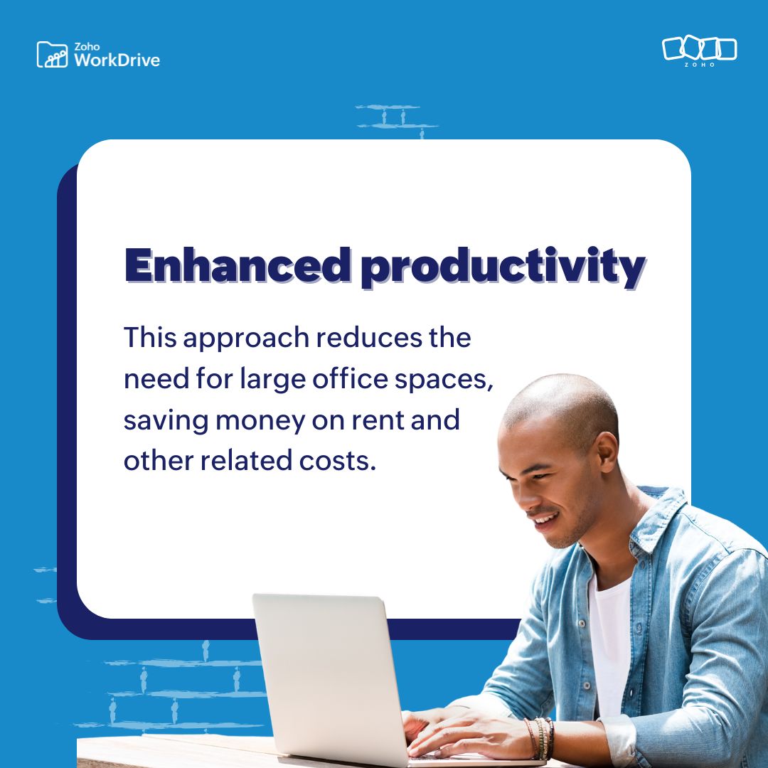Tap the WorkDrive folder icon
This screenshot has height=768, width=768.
click(x=52, y=55)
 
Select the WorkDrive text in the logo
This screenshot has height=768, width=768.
click(x=117, y=59)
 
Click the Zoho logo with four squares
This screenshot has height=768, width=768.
click(x=699, y=49)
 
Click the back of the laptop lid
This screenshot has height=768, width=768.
click(x=327, y=676)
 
